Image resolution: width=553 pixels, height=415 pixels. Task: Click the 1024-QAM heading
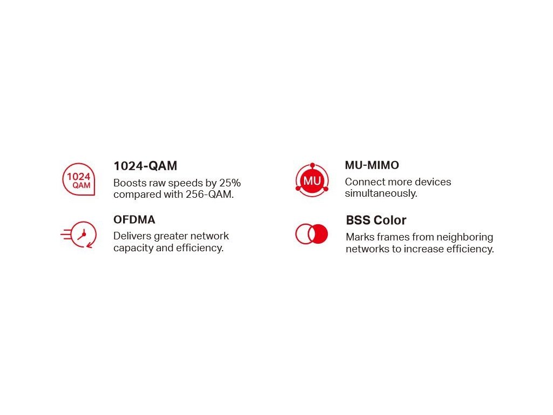[145, 166]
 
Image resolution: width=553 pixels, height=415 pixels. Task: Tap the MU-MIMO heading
[372, 165]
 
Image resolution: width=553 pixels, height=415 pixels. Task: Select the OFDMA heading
[134, 220]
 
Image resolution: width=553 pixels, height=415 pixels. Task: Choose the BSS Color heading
[376, 220]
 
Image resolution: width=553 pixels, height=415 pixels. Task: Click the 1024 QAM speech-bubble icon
[79, 179]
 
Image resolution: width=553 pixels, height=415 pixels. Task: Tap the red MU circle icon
[312, 180]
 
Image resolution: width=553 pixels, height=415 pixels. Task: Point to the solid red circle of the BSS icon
[319, 233]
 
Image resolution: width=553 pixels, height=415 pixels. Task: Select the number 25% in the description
[230, 183]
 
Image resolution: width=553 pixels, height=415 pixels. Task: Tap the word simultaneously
[381, 194]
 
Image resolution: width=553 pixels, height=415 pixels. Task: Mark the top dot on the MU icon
[313, 165]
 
